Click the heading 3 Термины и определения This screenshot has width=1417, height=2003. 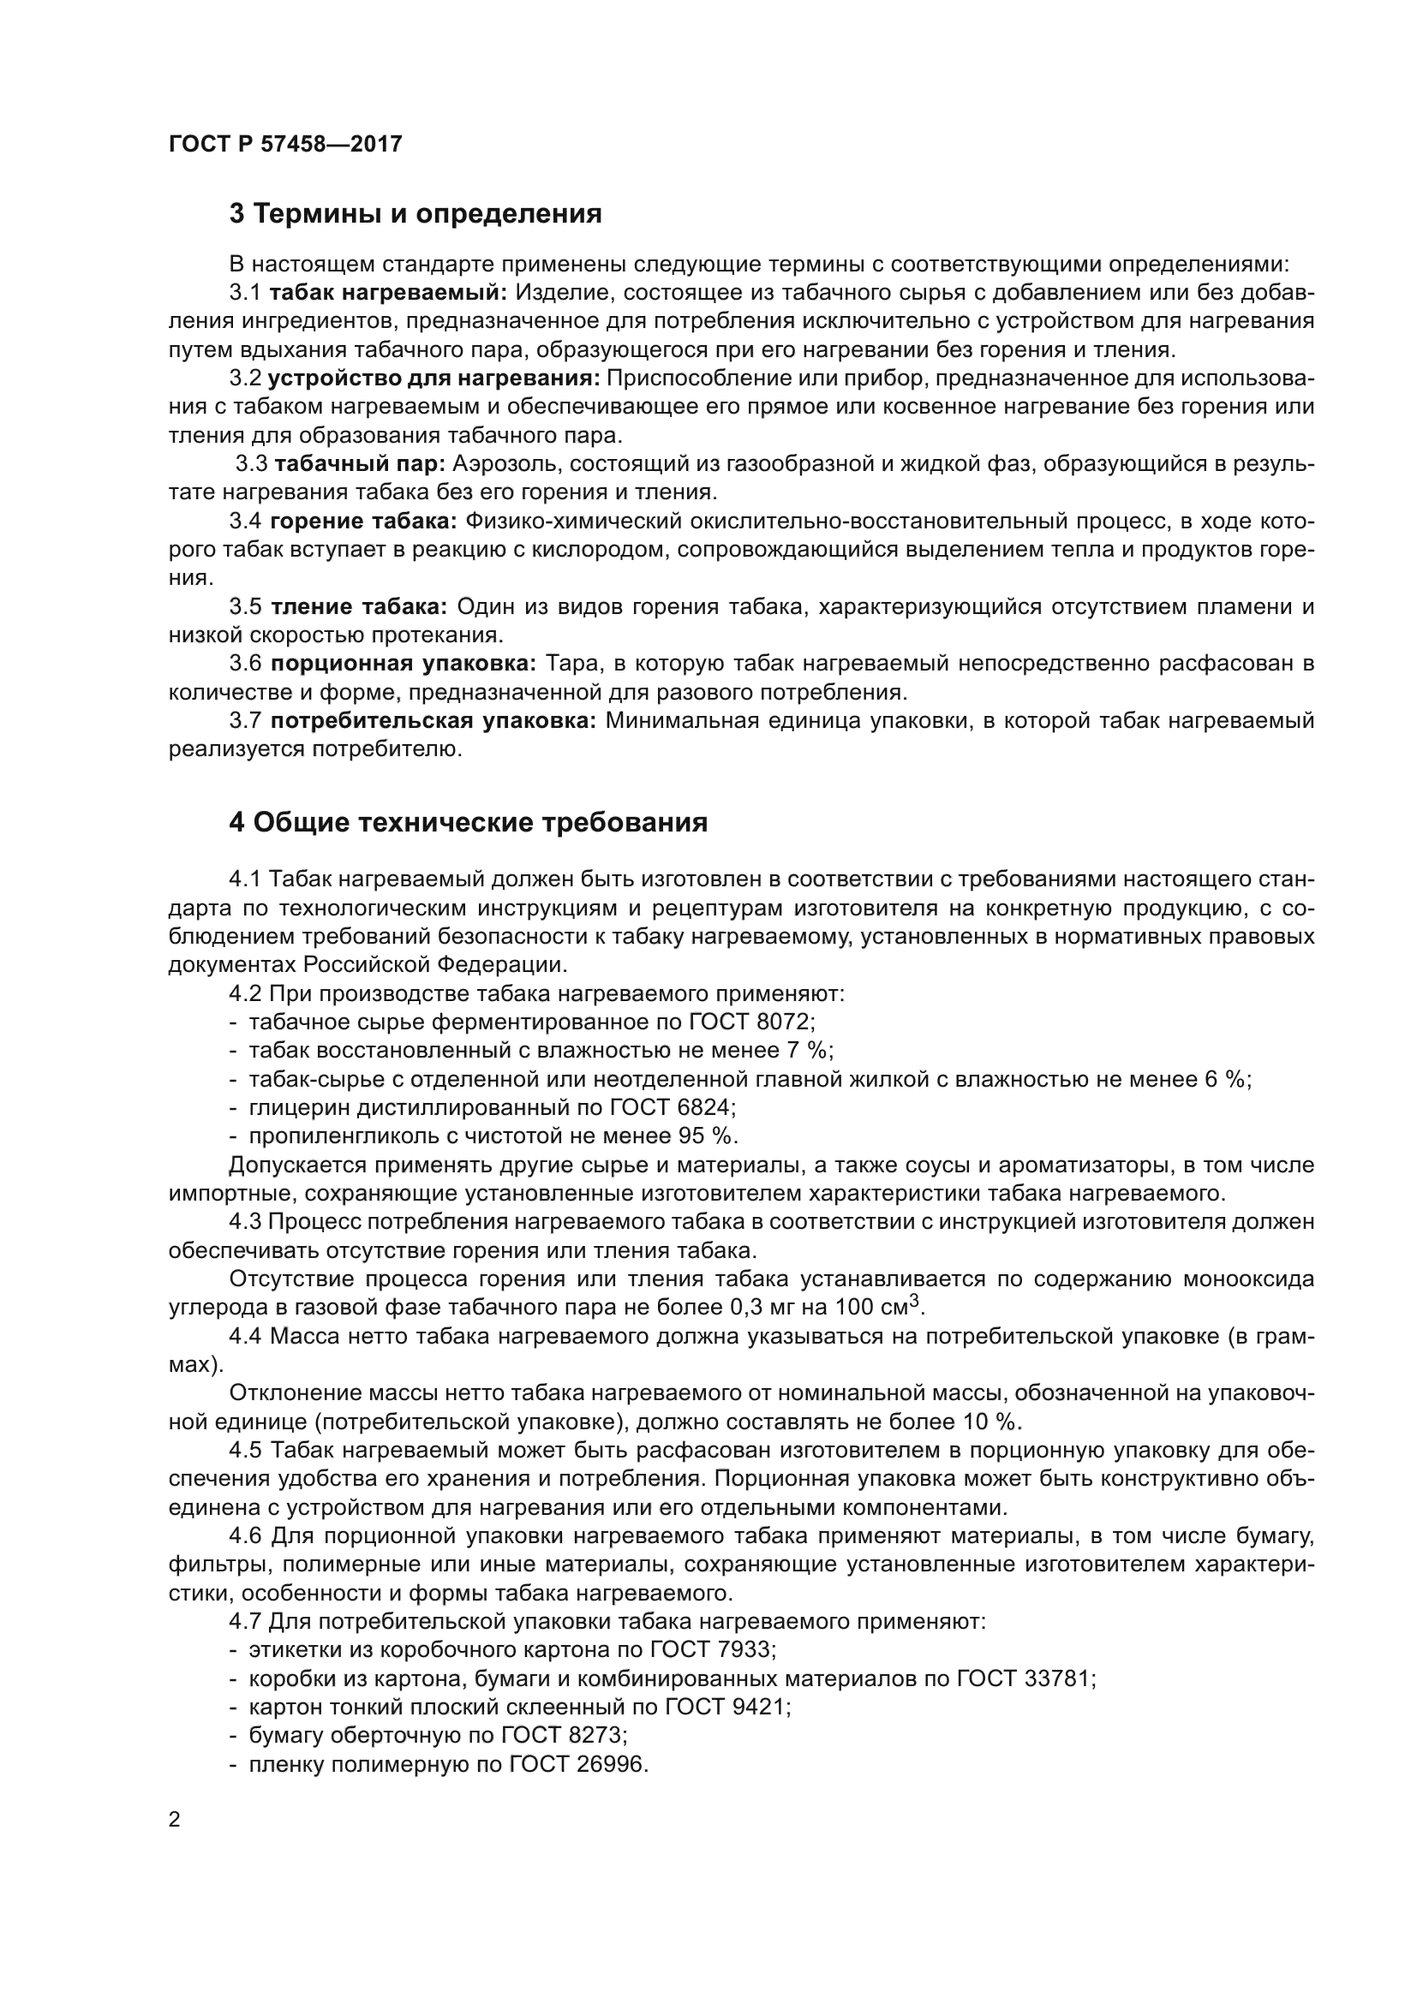click(416, 214)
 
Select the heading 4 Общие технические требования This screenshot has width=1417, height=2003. click(468, 823)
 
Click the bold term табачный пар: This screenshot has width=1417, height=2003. click(360, 463)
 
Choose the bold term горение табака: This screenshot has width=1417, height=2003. click(364, 521)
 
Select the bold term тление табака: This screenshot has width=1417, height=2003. click(359, 606)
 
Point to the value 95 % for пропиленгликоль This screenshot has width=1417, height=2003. click(708, 1136)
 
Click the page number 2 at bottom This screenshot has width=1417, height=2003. click(175, 1820)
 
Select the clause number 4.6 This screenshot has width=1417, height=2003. click(246, 1536)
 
